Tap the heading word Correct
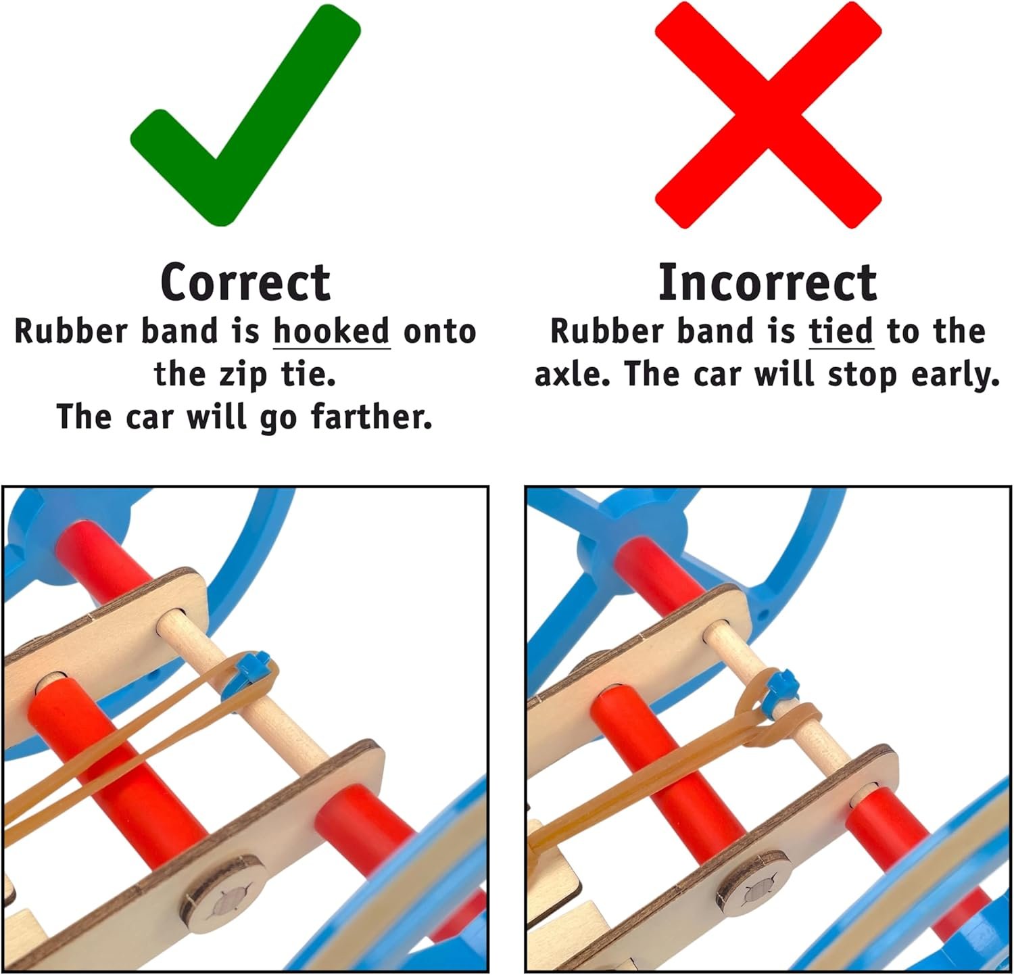245,283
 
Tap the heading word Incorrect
767,282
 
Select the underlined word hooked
332,331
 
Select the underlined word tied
841,331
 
